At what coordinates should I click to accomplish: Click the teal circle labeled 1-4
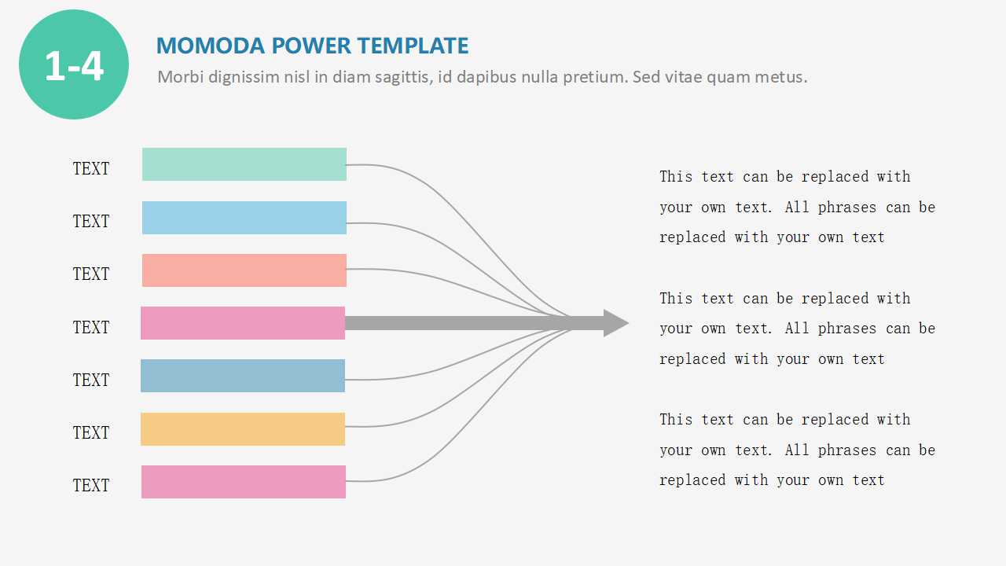coord(74,64)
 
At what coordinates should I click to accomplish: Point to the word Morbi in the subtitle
coord(178,77)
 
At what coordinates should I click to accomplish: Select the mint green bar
coord(244,164)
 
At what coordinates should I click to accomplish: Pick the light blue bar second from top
coord(244,218)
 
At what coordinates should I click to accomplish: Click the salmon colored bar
coord(244,270)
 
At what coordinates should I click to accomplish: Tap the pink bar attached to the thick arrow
coord(243,323)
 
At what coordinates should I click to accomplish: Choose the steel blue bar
coord(243,376)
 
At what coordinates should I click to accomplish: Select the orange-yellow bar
coord(243,429)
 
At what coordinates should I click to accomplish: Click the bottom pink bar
coord(244,482)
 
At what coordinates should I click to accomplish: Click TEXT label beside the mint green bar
coord(91,169)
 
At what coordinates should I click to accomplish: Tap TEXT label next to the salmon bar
coord(91,274)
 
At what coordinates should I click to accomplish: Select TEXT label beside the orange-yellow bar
coord(91,433)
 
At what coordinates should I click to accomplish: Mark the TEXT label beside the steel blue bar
coord(91,380)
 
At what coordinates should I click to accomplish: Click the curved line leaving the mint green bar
coord(409,173)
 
